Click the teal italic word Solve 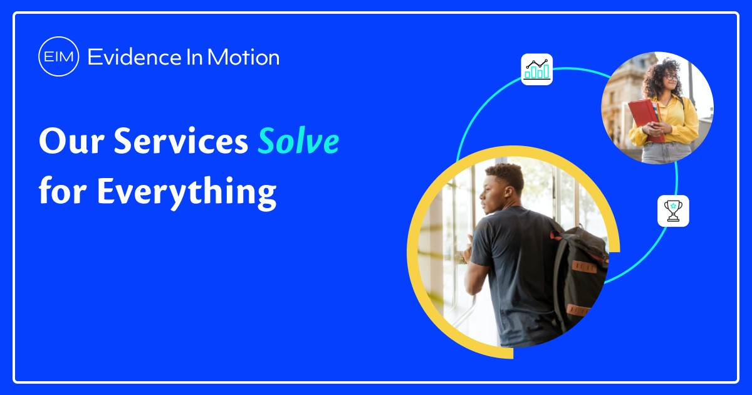click(298, 142)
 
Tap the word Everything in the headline click(186, 190)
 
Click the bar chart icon click(537, 70)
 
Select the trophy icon click(673, 211)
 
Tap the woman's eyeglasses click(668, 76)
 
